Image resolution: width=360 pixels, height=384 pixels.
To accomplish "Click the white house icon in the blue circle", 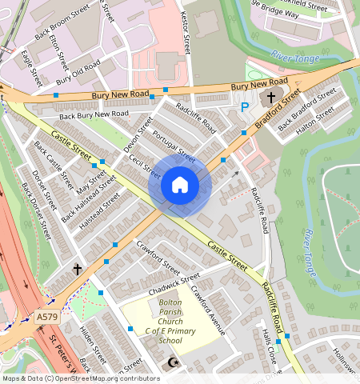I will pos(180,186).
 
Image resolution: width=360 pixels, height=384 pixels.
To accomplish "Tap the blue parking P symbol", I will pos(245,106).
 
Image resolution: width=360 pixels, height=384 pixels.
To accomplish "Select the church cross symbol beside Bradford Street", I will pos(271,98).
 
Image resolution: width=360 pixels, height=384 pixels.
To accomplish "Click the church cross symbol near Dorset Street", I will pos(78,270).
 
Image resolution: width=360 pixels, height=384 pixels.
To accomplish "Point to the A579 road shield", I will pos(47,318).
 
